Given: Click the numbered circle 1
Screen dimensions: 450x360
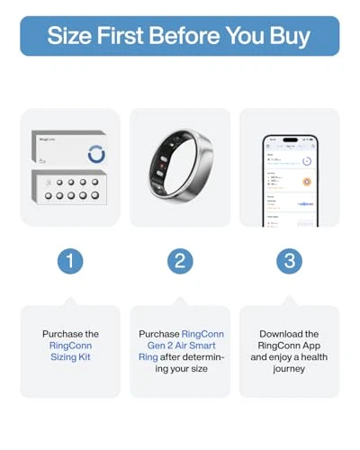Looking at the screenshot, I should click(70, 261).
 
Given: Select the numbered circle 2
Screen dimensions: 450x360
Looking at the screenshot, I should click(180, 261).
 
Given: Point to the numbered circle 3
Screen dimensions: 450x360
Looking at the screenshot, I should click(290, 261).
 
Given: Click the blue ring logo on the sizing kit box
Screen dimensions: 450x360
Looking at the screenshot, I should click(96, 152).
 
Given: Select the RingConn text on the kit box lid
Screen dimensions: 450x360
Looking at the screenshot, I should click(49, 139).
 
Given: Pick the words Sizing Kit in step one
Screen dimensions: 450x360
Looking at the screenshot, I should click(70, 356).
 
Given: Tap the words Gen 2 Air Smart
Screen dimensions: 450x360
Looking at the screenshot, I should click(180, 345).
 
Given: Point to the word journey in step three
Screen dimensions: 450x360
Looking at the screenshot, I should click(290, 368).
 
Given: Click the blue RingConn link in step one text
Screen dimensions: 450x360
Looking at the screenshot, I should click(70, 345).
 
